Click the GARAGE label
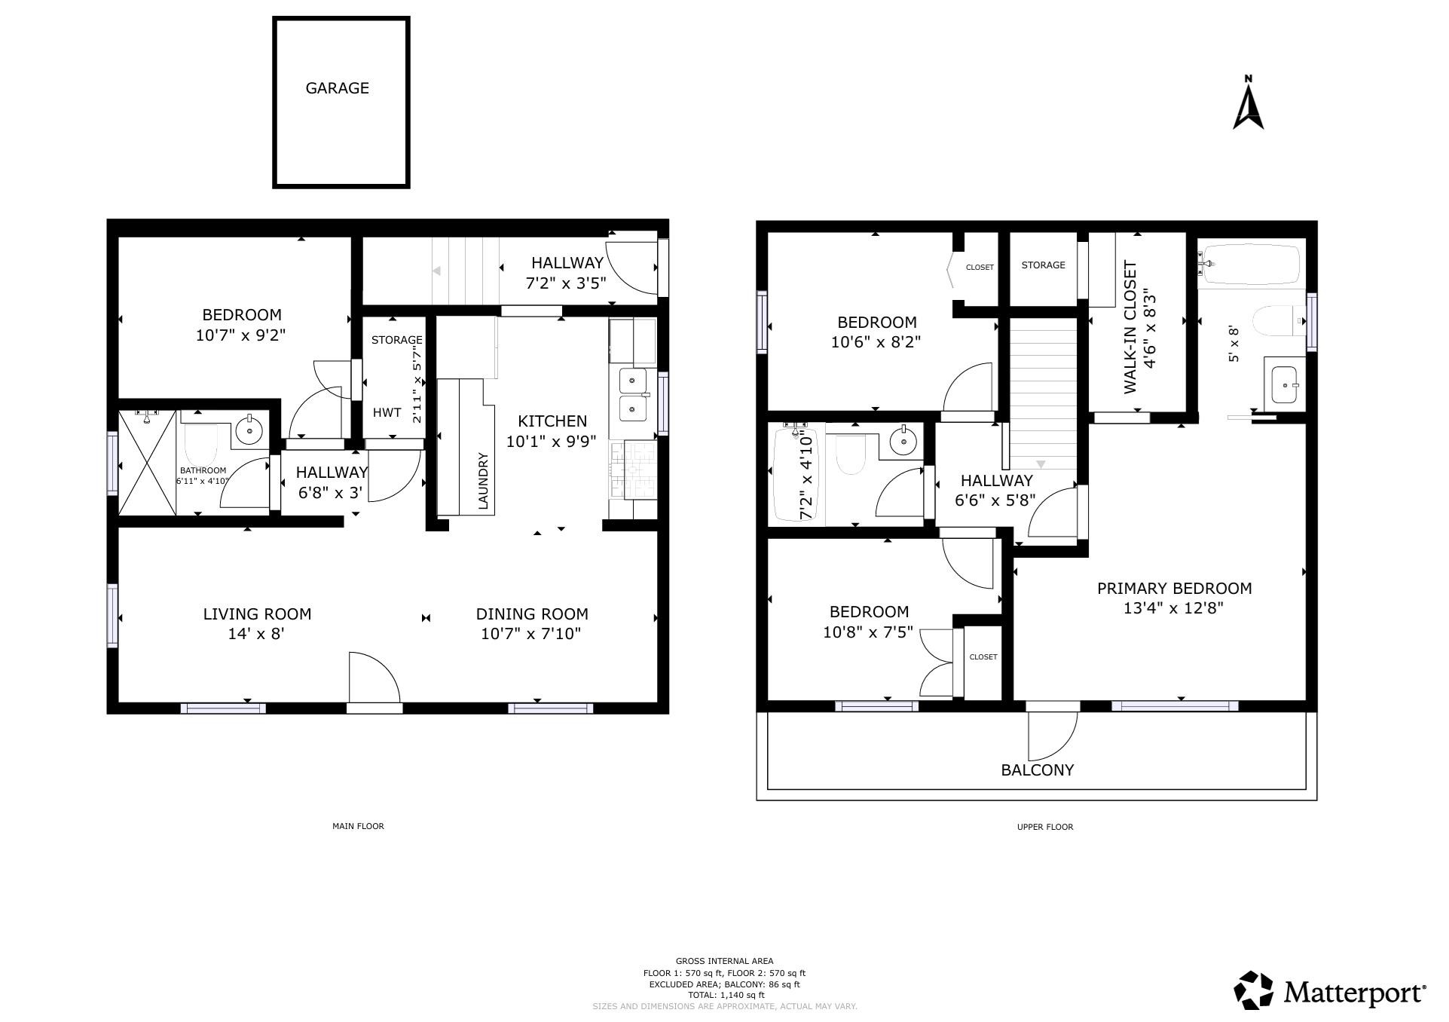[337, 88]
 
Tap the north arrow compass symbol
[1248, 103]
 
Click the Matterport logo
[1330, 990]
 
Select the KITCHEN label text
[552, 421]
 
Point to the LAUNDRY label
[483, 480]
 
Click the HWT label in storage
[387, 412]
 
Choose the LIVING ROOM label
[257, 614]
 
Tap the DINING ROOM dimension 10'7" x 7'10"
[531, 634]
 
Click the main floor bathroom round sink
[249, 430]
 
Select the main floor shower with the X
[148, 463]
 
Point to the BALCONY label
[1037, 770]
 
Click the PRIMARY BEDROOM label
[1174, 589]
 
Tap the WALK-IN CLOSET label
[1130, 327]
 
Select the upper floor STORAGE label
[1043, 265]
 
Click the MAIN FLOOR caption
[358, 826]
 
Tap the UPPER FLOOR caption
[1044, 827]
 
